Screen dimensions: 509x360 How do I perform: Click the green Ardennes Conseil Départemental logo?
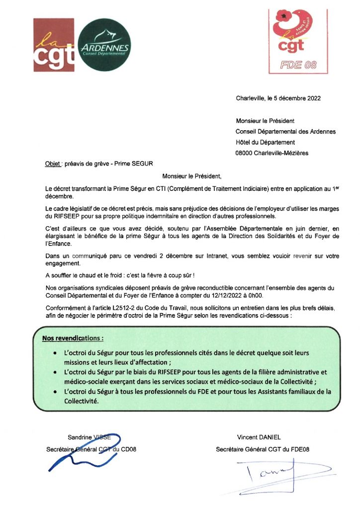pos(105,46)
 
